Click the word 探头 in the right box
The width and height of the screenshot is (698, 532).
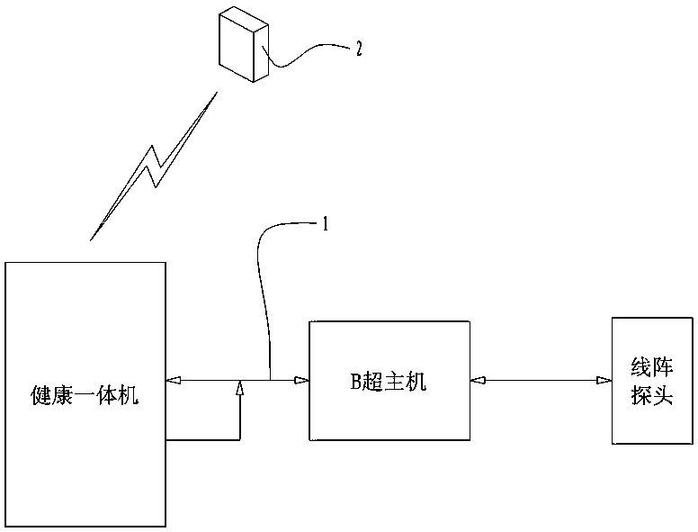coord(652,396)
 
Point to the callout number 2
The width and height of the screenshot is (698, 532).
coord(360,48)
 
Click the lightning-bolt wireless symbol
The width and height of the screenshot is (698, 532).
coord(155,167)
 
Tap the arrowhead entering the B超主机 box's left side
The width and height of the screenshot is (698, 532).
coord(303,381)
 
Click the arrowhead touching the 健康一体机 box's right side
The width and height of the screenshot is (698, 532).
coord(173,381)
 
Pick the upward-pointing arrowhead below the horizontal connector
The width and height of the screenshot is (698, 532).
coord(240,388)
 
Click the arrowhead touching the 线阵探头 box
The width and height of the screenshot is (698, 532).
coord(604,381)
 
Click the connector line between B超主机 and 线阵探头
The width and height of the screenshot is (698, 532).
coord(540,381)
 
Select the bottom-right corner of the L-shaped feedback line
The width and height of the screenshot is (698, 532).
coord(240,439)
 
